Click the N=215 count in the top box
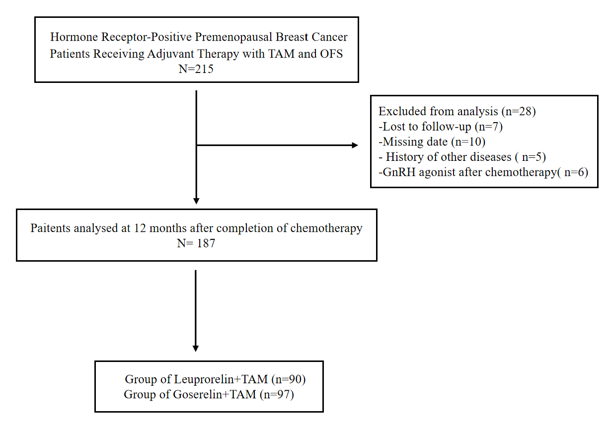click(196, 69)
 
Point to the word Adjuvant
click(170, 54)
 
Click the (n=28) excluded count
click(519, 112)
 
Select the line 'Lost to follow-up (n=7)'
click(441, 127)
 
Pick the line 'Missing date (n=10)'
click(432, 142)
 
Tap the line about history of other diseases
click(462, 157)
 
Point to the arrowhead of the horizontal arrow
click(355, 145)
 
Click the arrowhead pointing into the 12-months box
click(196, 201)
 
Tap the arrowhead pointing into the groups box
click(196, 349)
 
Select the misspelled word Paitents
click(50, 228)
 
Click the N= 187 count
click(196, 243)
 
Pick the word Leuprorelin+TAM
click(221, 379)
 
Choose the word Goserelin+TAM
click(215, 395)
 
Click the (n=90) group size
click(289, 379)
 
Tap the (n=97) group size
click(277, 395)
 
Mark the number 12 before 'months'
click(140, 228)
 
